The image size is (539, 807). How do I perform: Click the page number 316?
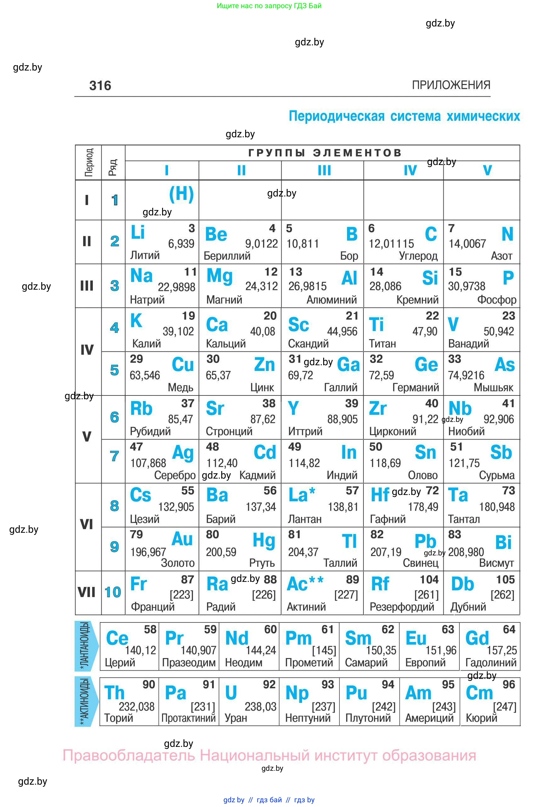(100, 85)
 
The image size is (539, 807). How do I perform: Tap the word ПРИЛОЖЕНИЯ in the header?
(451, 85)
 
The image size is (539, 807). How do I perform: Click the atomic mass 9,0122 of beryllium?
(261, 244)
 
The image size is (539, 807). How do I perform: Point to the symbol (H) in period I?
(182, 194)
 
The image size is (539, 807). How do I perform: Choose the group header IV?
(410, 170)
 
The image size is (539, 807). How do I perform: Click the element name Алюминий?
(331, 300)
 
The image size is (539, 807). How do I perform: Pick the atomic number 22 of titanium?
(432, 316)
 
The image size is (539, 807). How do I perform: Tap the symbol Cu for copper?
(182, 365)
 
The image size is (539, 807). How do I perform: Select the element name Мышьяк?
(493, 388)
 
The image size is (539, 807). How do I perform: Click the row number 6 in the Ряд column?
(115, 417)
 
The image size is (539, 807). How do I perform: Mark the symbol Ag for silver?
(183, 453)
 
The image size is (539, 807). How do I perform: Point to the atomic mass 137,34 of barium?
(261, 507)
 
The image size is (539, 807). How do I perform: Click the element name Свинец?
(420, 563)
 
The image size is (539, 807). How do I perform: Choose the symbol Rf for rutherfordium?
(380, 584)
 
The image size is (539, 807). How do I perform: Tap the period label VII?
(86, 592)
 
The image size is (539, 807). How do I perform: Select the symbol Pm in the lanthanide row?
(298, 639)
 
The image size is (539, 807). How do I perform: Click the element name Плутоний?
(368, 718)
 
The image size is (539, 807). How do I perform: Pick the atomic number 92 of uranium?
(269, 685)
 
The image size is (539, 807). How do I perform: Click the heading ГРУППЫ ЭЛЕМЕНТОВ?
(324, 153)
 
